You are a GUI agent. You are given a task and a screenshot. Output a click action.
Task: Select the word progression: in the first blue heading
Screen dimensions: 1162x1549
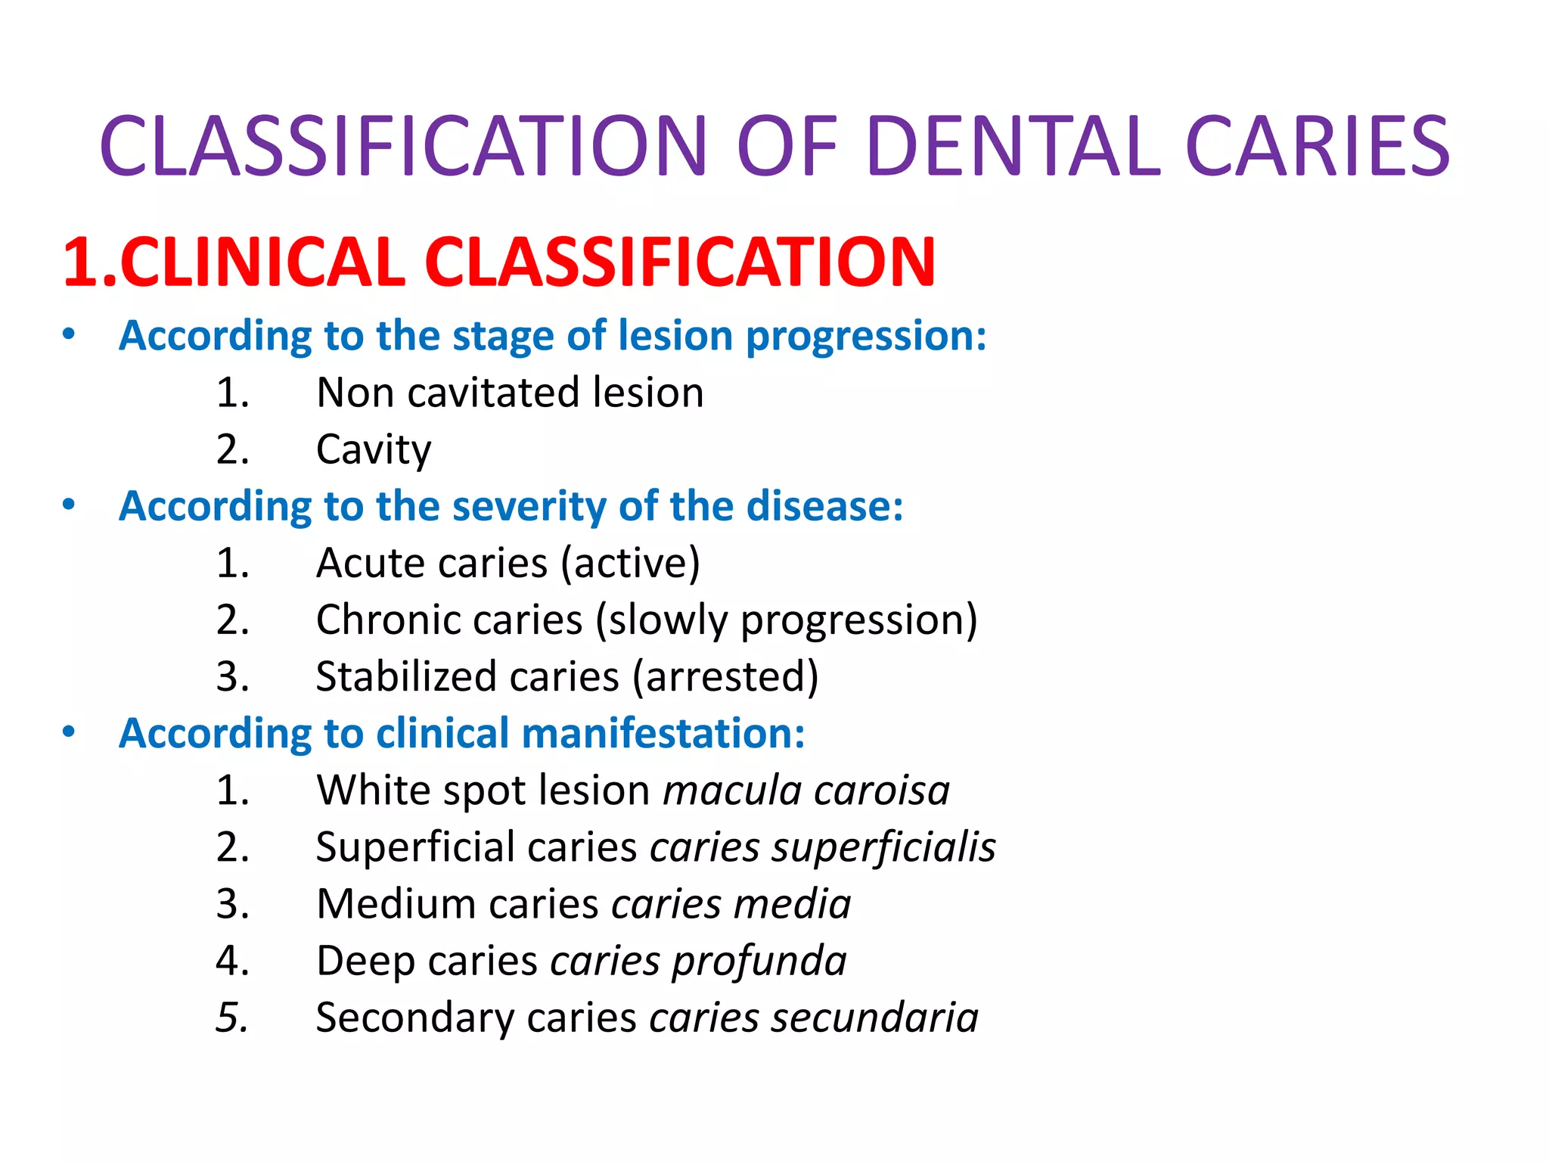pos(866,336)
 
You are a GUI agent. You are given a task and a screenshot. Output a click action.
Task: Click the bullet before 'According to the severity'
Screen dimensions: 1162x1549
pos(69,505)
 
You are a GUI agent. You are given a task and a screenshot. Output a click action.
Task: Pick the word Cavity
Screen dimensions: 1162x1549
pos(374,450)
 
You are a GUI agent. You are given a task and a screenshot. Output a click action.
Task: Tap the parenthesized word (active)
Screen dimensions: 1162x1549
pos(630,564)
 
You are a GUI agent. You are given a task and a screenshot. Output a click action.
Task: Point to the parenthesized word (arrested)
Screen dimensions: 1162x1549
pos(725,677)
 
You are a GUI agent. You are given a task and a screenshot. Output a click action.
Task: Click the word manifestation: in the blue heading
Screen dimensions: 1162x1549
pos(663,734)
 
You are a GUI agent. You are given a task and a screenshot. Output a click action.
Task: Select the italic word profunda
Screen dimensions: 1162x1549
pos(759,962)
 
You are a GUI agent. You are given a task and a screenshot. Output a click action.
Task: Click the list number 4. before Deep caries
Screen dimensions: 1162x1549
pos(232,961)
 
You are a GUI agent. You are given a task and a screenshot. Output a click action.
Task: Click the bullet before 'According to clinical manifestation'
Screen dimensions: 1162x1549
pos(69,732)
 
